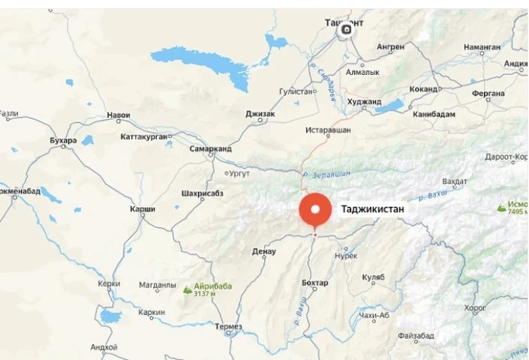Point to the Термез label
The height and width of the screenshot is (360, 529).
pyautogui.click(x=228, y=326)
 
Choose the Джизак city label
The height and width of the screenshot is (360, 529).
pyautogui.click(x=260, y=114)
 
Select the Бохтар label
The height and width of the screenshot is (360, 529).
pyautogui.click(x=314, y=283)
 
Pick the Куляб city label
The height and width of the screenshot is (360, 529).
pyautogui.click(x=373, y=277)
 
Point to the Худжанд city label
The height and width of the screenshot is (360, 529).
pyautogui.click(x=364, y=101)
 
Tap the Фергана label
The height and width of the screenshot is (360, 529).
pyautogui.click(x=468, y=94)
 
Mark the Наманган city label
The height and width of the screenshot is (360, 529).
pyautogui.click(x=482, y=46)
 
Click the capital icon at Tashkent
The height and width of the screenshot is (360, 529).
pyautogui.click(x=346, y=30)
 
